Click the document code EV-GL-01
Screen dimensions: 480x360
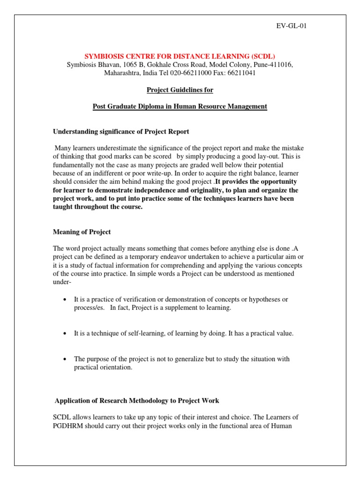tap(291, 25)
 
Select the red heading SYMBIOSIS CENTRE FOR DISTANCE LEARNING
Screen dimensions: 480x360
tap(180, 56)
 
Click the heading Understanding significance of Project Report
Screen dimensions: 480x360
tap(121, 131)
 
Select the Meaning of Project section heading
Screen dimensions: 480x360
tap(82, 232)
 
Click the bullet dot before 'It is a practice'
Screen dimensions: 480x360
tap(64, 300)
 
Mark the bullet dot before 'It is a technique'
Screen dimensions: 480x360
tap(64, 334)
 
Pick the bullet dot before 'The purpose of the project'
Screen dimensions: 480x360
tap(64, 359)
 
